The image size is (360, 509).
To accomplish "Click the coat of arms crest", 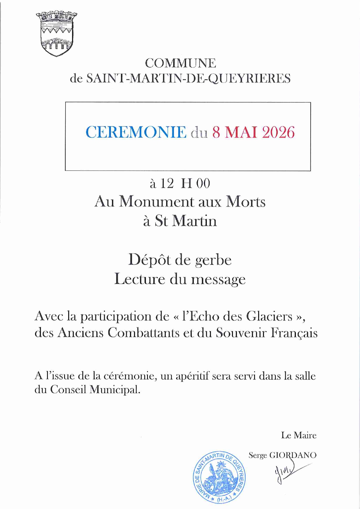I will [x=56, y=34].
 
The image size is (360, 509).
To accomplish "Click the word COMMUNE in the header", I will [x=180, y=63].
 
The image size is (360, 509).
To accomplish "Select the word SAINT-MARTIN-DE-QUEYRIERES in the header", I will [x=188, y=78].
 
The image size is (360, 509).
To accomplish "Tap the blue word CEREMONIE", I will [x=136, y=132].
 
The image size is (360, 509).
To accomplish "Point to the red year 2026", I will [x=278, y=132].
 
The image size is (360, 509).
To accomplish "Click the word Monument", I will [x=157, y=201].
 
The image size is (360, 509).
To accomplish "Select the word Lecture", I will [x=140, y=279].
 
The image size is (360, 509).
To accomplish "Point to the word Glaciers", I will [x=269, y=316].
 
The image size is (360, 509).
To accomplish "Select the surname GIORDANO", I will [x=293, y=455].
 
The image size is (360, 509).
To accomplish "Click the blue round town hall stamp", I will [x=219, y=477].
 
